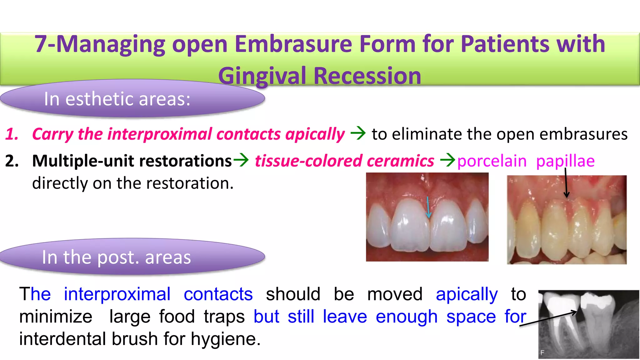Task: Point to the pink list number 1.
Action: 12,134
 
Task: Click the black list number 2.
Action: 12,161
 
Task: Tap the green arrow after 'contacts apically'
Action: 358,133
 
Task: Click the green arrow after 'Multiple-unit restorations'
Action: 241,160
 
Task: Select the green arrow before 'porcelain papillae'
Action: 447,160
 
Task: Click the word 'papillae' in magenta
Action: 565,161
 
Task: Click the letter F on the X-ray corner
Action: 542,352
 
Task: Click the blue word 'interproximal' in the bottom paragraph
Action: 117,294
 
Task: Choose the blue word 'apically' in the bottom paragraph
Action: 467,294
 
